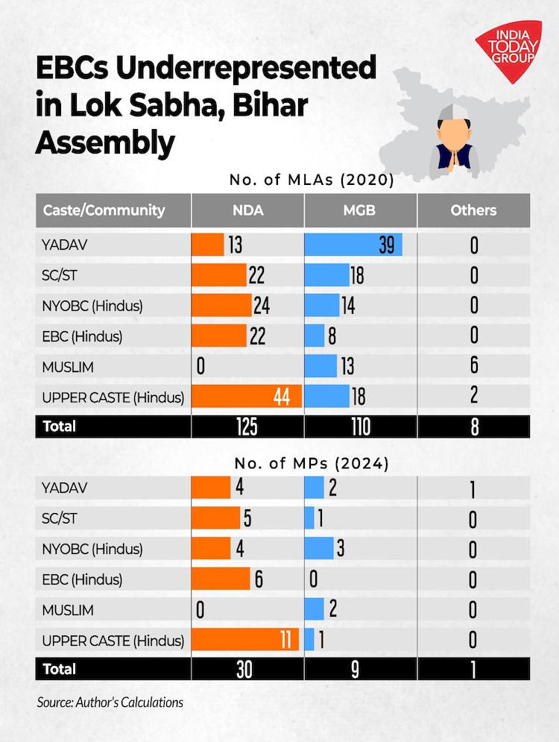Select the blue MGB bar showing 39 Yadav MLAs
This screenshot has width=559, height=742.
point(353,245)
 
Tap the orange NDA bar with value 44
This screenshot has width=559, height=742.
point(247,396)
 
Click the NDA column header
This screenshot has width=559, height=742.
point(247,210)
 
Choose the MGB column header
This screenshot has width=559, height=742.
point(360,210)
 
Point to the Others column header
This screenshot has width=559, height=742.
point(473,210)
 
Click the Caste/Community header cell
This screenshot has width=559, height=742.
point(104,210)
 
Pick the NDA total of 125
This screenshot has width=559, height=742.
point(247,427)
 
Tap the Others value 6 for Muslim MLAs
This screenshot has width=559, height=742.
point(474,365)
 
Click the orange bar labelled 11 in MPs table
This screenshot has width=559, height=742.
point(245,640)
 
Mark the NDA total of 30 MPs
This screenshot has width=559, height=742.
point(244,669)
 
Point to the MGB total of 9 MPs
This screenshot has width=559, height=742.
point(355,669)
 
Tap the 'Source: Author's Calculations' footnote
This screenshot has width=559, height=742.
point(110,702)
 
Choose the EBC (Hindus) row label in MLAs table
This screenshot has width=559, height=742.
point(83,336)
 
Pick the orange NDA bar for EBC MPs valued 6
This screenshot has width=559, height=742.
point(221,579)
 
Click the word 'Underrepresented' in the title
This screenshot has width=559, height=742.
point(247,69)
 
